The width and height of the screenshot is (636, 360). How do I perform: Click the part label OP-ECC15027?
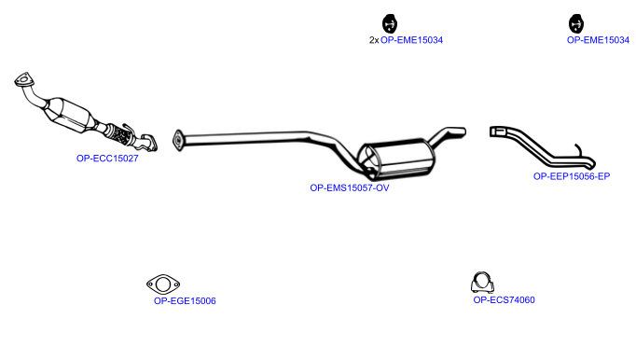pos(107,159)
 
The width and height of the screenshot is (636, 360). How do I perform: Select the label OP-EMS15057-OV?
pos(349,187)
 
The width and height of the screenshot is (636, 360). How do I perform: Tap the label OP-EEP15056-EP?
pos(572,176)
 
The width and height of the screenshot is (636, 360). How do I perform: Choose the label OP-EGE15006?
pos(185,300)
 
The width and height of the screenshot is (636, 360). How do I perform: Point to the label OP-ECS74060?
pos(504,300)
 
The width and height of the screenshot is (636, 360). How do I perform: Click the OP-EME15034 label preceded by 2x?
pos(411,40)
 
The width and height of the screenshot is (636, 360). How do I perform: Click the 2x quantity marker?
pos(374,40)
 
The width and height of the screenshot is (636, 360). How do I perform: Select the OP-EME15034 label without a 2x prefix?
pos(598,40)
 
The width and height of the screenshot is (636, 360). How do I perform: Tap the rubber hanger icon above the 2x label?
pos(390,23)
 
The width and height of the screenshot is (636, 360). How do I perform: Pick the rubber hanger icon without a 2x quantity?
pos(576,23)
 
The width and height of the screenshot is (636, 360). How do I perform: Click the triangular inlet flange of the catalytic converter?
pos(22,79)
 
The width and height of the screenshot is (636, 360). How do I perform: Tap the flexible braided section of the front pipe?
pos(121,134)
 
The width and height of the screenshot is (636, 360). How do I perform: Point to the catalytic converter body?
pos(69,113)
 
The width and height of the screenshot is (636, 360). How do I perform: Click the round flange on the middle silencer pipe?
pos(177,141)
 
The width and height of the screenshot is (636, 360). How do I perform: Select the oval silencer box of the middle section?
pos(395,159)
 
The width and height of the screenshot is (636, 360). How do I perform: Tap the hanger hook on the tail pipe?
pos(580,150)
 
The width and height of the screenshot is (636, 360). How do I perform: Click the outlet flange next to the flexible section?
pos(147,143)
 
